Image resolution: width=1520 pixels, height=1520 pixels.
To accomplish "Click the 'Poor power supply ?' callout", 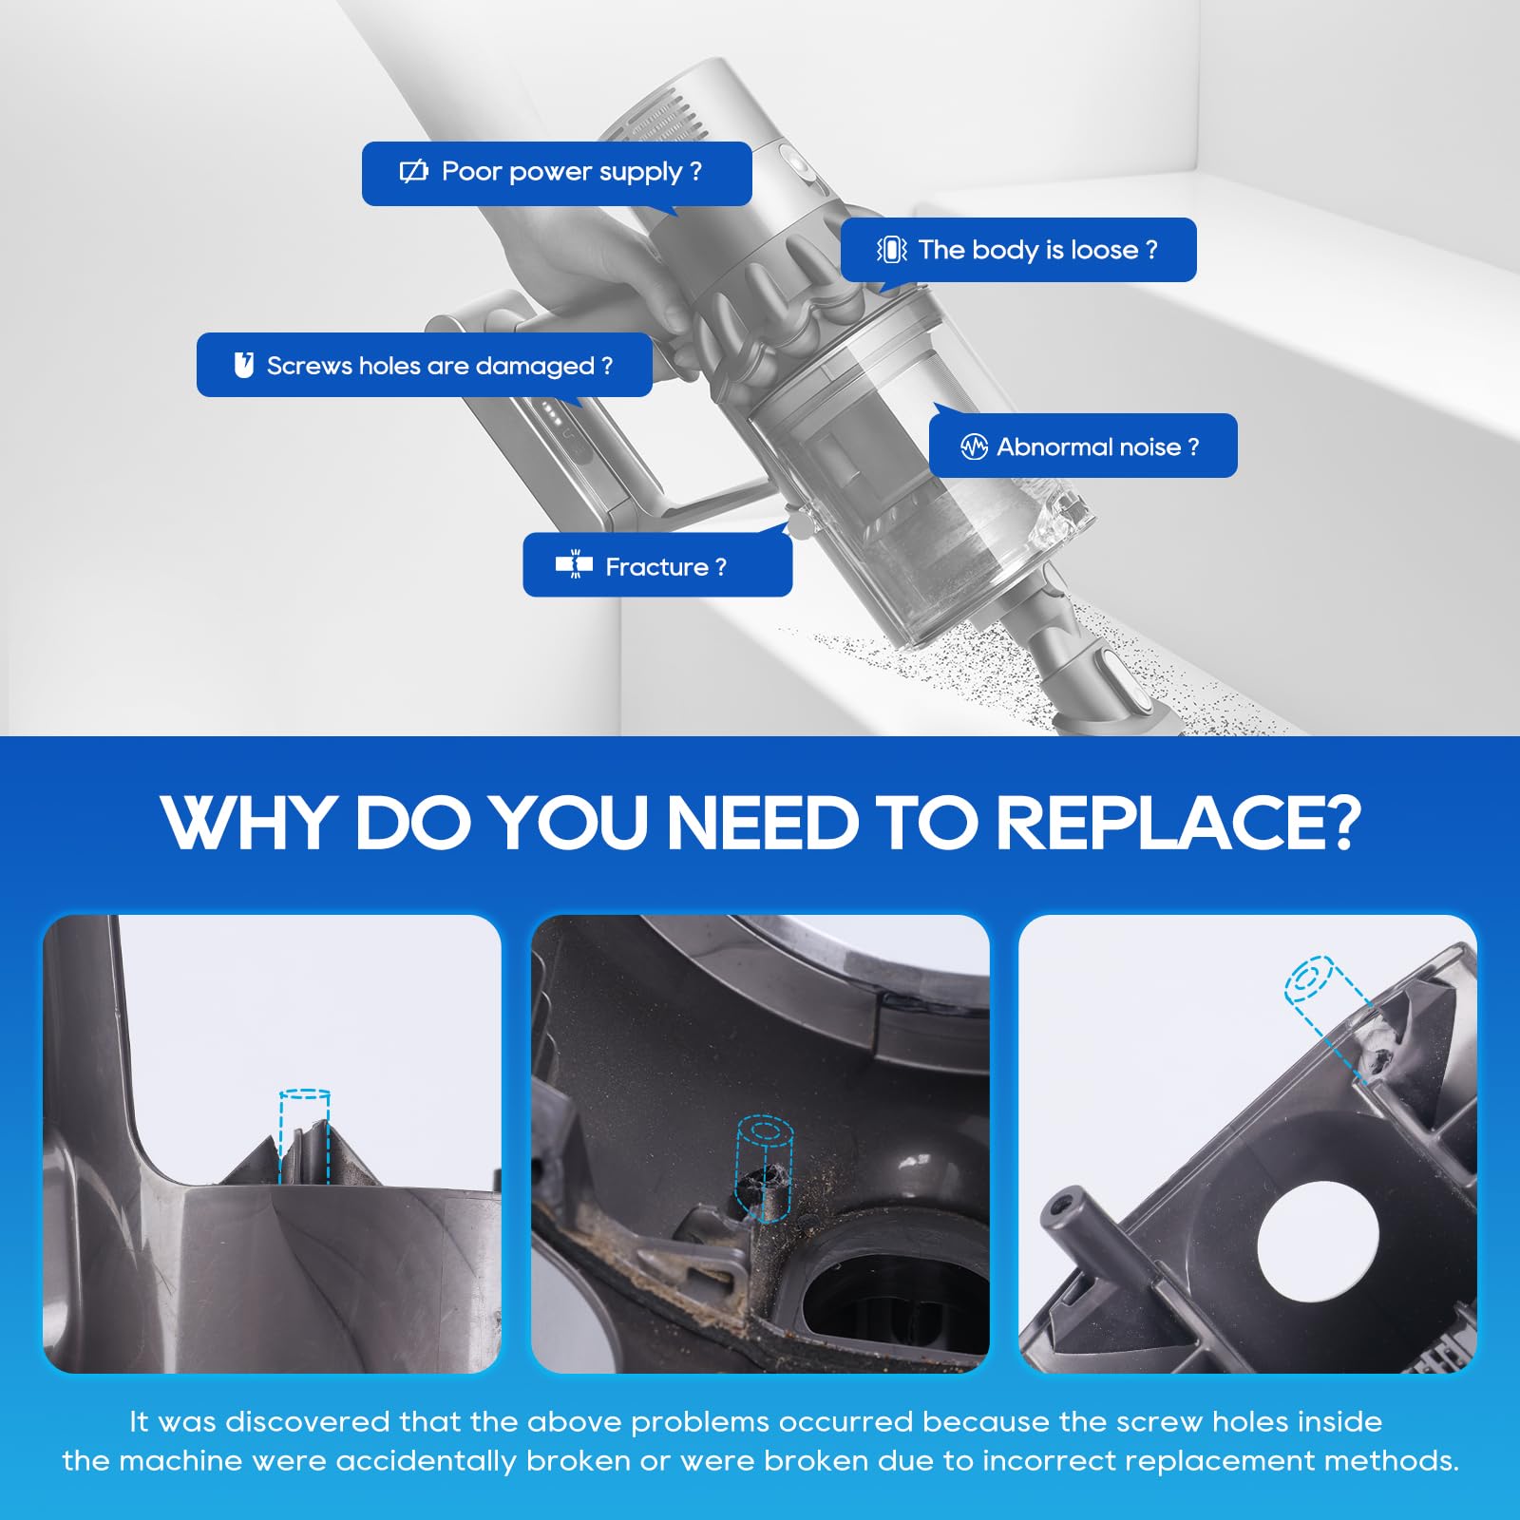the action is pyautogui.click(x=557, y=174).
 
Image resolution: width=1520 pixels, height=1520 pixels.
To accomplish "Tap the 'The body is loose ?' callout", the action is pyautogui.click(x=1018, y=250).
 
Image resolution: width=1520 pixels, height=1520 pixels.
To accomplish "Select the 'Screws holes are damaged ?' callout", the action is pyautogui.click(x=424, y=365).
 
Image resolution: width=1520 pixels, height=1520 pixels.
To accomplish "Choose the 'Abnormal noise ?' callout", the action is pyautogui.click(x=1083, y=446).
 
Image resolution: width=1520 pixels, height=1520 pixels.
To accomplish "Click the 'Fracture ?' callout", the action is pyautogui.click(x=657, y=564).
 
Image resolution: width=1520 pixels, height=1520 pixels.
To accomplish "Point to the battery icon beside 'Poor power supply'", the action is pyautogui.click(x=414, y=171).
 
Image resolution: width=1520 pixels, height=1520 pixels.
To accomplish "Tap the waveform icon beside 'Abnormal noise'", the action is pyautogui.click(x=974, y=446).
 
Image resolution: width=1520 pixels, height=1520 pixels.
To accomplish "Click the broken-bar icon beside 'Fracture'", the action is pyautogui.click(x=574, y=564).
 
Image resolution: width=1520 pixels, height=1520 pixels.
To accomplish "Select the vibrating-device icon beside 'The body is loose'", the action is pyautogui.click(x=891, y=250).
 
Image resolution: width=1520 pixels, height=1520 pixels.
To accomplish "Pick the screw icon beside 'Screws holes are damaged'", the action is pyautogui.click(x=244, y=365).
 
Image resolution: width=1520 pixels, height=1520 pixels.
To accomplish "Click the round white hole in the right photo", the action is pyautogui.click(x=1318, y=1241).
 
